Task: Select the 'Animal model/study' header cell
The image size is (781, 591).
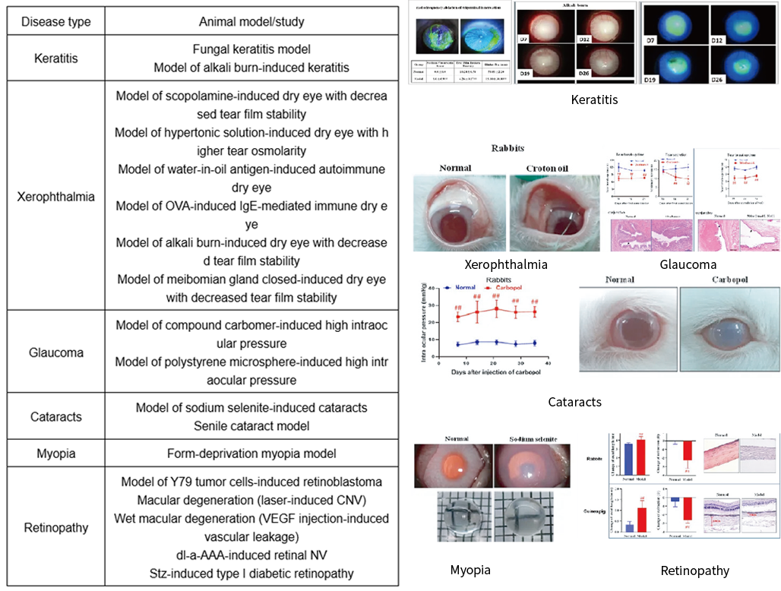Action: (x=251, y=21)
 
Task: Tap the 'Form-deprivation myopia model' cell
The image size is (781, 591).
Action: (x=251, y=453)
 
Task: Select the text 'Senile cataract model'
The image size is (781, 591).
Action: (x=251, y=425)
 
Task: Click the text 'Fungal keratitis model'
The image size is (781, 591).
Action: (x=251, y=49)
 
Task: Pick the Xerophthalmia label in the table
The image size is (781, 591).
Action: (x=55, y=196)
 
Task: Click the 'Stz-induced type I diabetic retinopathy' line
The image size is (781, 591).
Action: (x=251, y=574)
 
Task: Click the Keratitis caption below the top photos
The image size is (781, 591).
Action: (x=595, y=100)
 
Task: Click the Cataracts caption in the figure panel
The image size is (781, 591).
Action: (x=574, y=401)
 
